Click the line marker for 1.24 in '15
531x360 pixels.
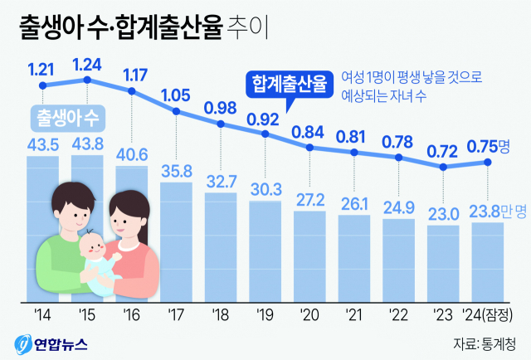[x=87, y=80]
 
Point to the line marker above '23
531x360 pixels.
[x=443, y=168]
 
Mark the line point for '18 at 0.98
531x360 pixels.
[x=221, y=125]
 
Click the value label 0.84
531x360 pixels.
[x=309, y=131]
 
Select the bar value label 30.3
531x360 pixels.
[x=265, y=189]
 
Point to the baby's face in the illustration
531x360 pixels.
[x=91, y=247]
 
